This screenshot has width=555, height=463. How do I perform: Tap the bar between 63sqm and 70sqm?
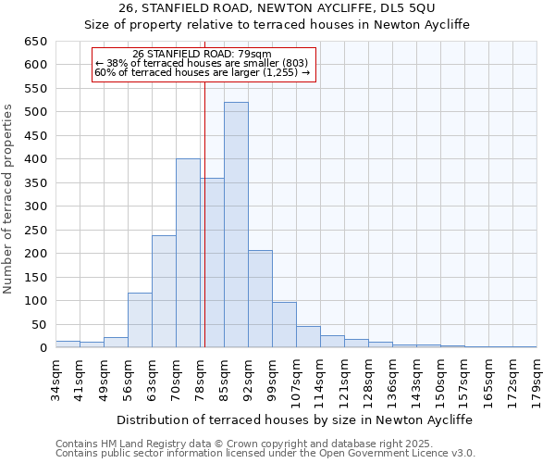tap(164, 292)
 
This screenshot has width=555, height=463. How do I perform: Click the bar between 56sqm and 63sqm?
tap(140, 320)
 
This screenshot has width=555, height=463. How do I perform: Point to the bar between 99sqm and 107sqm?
tap(284, 325)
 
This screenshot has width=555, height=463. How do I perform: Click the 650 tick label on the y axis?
tap(35, 42)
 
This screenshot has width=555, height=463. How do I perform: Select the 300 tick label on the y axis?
tap(35, 206)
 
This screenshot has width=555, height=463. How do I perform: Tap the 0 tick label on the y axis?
tap(43, 348)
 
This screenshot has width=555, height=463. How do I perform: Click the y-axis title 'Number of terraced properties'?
tap(9, 199)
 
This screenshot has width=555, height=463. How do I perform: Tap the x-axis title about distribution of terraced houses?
tap(296, 419)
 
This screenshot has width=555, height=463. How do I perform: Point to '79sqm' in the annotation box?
tap(254, 54)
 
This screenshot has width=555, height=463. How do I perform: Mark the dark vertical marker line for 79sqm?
tap(203, 231)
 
